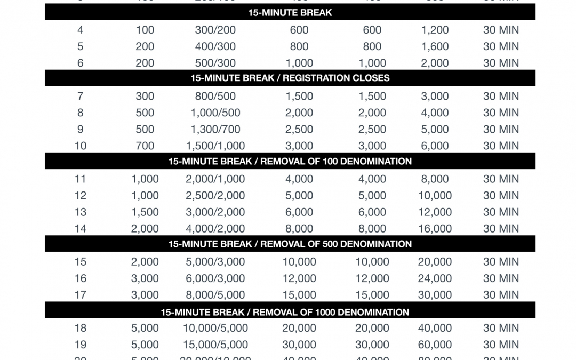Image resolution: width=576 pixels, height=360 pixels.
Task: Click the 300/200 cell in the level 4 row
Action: pos(215,30)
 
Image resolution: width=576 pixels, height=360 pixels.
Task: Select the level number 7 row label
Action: pos(81,97)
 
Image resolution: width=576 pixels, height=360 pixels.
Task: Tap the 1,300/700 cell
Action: pos(215,130)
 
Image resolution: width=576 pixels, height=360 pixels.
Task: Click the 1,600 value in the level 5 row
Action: pos(435,47)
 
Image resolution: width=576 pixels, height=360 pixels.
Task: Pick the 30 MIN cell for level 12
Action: pos(501,196)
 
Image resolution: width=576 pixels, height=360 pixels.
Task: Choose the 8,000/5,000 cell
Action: pos(215,295)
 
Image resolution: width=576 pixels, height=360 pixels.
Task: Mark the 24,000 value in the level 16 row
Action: pos(435,278)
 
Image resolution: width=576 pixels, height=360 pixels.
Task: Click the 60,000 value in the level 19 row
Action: pos(435,345)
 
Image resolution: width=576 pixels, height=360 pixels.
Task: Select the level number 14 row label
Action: pos(81,229)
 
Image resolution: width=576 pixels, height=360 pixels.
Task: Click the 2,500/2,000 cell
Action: pos(215,196)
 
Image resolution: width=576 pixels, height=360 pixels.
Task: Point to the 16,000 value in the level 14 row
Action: pos(435,229)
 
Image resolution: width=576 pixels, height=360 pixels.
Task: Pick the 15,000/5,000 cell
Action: pos(215,345)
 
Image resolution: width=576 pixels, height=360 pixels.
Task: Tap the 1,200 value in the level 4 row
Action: pos(435,30)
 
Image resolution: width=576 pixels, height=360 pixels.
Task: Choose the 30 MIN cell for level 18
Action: pos(501,328)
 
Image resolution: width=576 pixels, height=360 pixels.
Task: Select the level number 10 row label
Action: pos(81,146)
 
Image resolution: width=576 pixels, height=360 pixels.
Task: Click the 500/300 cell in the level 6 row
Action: pos(215,63)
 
